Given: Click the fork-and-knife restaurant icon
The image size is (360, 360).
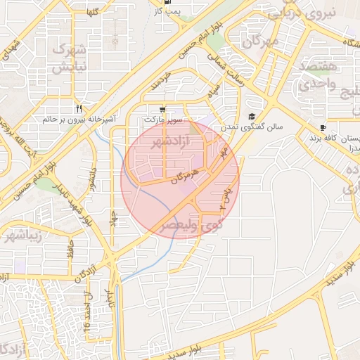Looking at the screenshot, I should coord(78,109).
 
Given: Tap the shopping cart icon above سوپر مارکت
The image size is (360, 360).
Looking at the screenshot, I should coord(162,110).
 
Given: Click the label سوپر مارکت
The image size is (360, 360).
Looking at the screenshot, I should coord(164,120).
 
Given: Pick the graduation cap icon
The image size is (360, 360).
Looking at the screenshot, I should coord(252,117).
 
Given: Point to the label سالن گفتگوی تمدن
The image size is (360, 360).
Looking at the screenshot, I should coord(254,128).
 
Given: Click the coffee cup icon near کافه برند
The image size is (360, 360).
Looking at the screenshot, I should coord(323,128).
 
